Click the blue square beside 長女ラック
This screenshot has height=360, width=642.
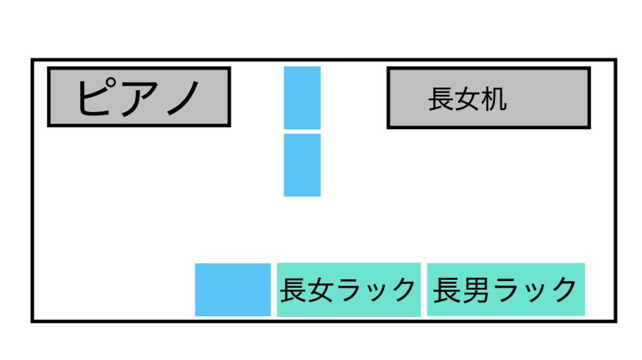233,290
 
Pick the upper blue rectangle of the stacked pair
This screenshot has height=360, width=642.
302,97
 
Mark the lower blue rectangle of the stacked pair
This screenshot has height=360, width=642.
302,165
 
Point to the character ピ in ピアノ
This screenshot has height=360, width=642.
97,97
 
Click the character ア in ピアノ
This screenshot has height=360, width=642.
138,97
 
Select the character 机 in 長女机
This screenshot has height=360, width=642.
494,99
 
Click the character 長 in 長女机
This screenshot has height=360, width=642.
441,99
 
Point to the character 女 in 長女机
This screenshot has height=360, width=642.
467,99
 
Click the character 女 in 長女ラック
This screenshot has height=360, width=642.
321,290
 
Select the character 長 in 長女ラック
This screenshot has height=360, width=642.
294,290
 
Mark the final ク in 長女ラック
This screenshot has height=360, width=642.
403,290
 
